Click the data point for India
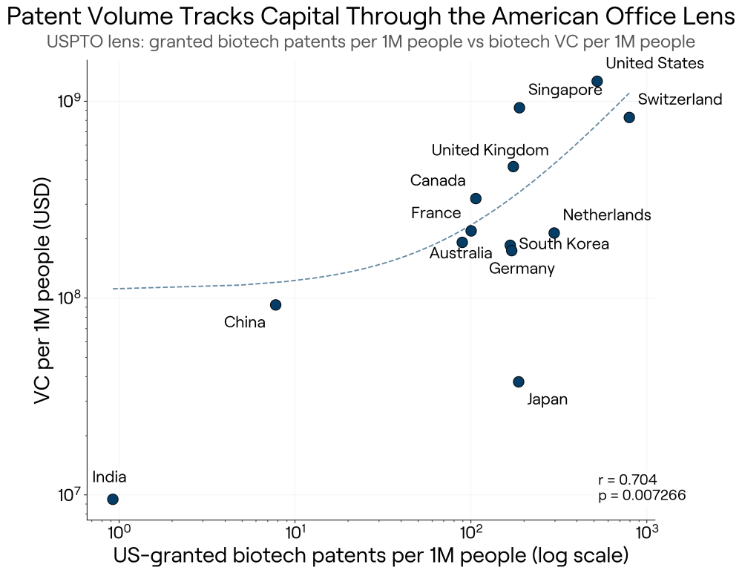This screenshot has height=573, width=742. (x=113, y=499)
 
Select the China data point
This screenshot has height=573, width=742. (x=275, y=305)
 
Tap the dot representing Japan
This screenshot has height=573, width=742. (x=519, y=382)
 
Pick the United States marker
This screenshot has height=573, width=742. (x=597, y=82)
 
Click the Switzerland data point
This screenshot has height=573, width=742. (x=629, y=117)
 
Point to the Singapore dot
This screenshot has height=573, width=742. (x=519, y=108)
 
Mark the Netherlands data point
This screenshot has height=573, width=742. (x=554, y=233)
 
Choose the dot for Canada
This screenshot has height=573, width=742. (x=476, y=198)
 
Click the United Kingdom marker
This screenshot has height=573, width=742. (x=513, y=167)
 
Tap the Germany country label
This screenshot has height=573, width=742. (x=522, y=269)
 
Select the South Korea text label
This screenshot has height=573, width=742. (x=564, y=244)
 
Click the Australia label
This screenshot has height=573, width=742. (x=461, y=253)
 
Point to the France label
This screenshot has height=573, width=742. (x=436, y=213)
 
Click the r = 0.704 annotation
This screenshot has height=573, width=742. (x=628, y=479)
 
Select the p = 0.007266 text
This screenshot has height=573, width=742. (x=642, y=495)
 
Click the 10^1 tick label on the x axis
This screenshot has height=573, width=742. (x=295, y=533)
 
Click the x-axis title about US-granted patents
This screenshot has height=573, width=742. (x=371, y=555)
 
